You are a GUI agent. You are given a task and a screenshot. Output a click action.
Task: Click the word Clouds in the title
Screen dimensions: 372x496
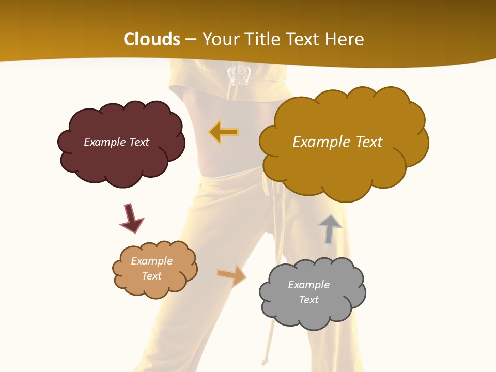coord(152,39)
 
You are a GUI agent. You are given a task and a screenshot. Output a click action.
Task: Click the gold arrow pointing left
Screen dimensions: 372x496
coord(224,132)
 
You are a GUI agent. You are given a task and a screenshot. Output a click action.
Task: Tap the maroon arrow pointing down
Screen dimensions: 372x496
coord(131,219)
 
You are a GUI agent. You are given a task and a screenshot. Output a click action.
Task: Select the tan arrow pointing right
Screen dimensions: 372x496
coord(232,275)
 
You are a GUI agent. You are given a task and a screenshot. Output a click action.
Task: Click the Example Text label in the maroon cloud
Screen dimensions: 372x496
coord(116,142)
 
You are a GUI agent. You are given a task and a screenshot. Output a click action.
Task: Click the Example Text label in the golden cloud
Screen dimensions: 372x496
coord(337,142)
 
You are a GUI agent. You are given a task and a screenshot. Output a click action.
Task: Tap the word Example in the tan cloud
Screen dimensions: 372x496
coord(151,261)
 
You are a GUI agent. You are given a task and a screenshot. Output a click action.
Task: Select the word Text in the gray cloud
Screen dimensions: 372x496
coord(308,300)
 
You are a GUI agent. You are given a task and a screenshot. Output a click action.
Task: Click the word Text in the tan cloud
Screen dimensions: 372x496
coord(151,276)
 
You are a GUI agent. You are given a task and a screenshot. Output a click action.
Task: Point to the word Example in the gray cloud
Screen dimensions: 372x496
coord(308,285)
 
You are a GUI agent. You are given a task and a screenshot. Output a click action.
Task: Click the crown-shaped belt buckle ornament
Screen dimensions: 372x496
coord(239,74)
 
